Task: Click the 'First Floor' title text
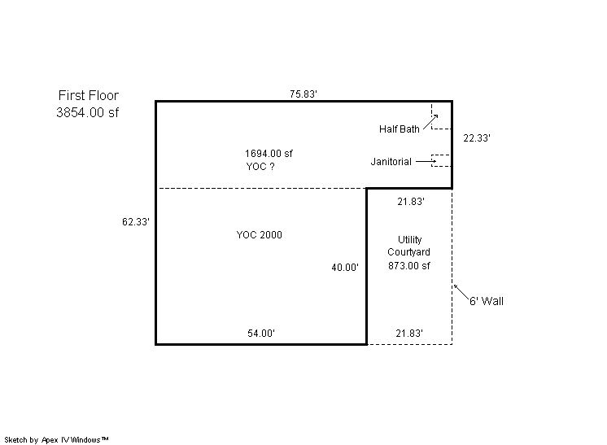tap(88, 95)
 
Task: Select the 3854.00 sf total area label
tap(88, 112)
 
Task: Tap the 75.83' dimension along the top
tap(303, 94)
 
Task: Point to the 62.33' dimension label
tap(136, 222)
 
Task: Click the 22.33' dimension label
tap(477, 138)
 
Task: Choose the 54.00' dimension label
tap(261, 334)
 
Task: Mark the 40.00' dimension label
tap(345, 268)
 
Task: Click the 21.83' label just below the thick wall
tap(411, 202)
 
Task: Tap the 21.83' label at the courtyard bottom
tap(409, 334)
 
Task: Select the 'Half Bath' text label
tap(400, 129)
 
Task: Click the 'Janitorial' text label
tap(391, 161)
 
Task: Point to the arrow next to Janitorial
tap(426, 161)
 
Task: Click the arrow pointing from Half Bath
tap(430, 122)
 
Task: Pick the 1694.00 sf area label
tap(269, 153)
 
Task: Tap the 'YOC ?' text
tap(260, 167)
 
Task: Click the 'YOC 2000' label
tap(259, 235)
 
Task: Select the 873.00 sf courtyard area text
tap(408, 265)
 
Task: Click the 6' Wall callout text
tap(487, 301)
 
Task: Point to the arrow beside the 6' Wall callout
tap(461, 292)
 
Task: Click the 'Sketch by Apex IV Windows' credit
tap(56, 440)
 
